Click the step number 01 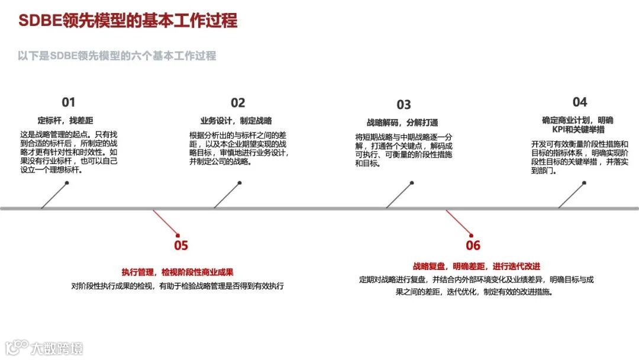point(69,102)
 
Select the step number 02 point(238,103)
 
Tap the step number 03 point(404,105)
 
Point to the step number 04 point(580,102)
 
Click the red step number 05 point(181,245)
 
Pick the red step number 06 point(473,245)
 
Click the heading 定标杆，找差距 point(69,120)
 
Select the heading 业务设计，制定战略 point(235,120)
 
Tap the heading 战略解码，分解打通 point(402,123)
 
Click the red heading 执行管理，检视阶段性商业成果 point(177,272)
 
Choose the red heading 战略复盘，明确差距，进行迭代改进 point(476,266)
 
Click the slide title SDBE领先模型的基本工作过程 point(128,21)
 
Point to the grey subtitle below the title point(117,56)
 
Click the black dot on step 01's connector point(67,182)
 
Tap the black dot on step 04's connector point(585,182)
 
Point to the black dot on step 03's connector point(412,182)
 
